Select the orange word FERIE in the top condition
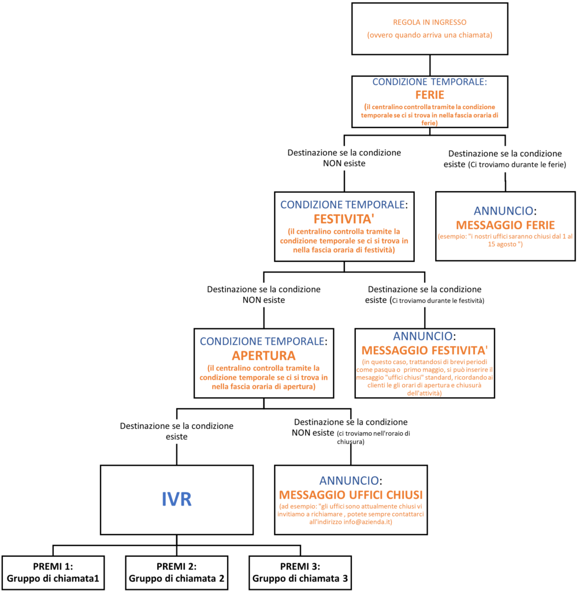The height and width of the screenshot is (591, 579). point(429,95)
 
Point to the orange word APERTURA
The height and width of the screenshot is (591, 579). point(263,356)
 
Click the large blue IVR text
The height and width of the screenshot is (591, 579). point(176,499)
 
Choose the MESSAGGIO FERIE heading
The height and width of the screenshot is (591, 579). point(505,225)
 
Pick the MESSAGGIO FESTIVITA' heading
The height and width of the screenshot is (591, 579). point(425,350)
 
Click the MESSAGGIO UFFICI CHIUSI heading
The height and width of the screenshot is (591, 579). point(351,495)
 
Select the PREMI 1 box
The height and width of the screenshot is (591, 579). point(53,573)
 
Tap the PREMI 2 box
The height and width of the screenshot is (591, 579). point(177,573)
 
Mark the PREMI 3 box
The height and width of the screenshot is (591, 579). point(300,573)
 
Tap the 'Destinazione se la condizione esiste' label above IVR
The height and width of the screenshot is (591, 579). point(177,431)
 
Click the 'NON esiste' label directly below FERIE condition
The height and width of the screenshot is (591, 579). point(344,158)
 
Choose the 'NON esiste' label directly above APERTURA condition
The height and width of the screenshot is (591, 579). point(263,294)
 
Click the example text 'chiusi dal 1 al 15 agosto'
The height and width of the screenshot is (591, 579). point(505,240)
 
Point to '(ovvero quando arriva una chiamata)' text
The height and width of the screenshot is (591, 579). point(429,35)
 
